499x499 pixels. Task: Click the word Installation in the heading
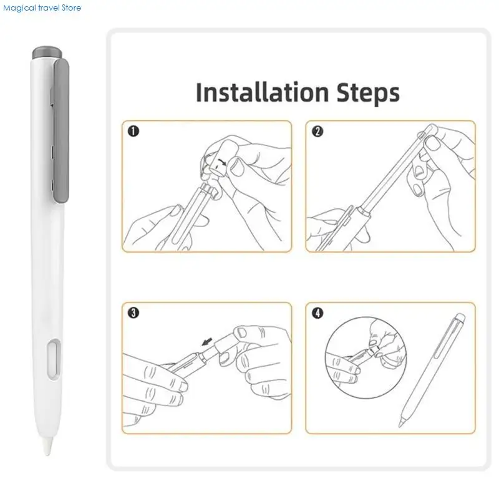pyautogui.click(x=262, y=92)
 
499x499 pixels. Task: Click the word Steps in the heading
pyautogui.click(x=368, y=93)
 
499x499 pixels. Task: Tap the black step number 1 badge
pyautogui.click(x=133, y=131)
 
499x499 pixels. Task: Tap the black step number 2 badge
pyautogui.click(x=317, y=131)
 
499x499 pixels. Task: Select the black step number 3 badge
pyautogui.click(x=133, y=313)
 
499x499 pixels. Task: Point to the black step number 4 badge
pyautogui.click(x=317, y=313)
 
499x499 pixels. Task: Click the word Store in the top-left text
pyautogui.click(x=71, y=7)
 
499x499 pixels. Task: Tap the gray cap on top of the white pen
pyautogui.click(x=47, y=53)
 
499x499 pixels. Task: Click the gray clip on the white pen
pyautogui.click(x=61, y=131)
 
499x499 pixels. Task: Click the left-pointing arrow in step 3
pyautogui.click(x=207, y=342)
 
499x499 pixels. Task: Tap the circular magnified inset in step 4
pyautogui.click(x=366, y=357)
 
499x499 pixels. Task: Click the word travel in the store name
pyautogui.click(x=49, y=7)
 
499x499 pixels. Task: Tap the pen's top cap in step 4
pyautogui.click(x=460, y=317)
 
